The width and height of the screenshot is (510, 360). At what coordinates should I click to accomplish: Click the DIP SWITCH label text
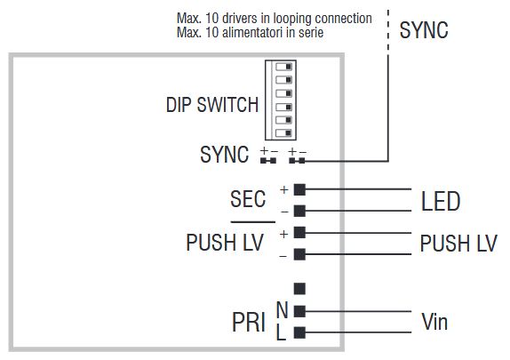[211, 105]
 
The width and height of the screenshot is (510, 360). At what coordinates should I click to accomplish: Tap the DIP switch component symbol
[285, 99]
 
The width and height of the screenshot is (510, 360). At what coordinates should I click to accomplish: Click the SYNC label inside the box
[224, 155]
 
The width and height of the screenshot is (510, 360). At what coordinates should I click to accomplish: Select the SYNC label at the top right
[424, 30]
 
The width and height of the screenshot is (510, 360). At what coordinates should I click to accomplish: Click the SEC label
[248, 198]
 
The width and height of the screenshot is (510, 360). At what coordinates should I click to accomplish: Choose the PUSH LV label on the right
[458, 244]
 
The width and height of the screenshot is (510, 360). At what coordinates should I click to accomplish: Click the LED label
[441, 202]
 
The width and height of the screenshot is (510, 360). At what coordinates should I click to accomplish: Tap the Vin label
[434, 322]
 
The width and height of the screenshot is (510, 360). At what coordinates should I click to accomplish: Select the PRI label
[249, 322]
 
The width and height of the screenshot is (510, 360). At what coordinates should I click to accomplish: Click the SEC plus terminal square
[299, 189]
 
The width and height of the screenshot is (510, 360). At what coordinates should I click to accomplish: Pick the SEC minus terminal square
[299, 211]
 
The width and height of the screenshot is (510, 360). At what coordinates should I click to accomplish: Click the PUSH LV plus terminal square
[299, 232]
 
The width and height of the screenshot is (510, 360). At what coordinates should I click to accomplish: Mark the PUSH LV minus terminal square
[299, 254]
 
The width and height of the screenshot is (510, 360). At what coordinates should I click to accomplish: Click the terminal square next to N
[299, 311]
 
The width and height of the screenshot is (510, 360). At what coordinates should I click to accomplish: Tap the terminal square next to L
[299, 332]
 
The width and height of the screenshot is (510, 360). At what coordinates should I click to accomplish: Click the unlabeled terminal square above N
[299, 288]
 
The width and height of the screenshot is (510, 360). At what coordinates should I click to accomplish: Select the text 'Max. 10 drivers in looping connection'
[274, 19]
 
